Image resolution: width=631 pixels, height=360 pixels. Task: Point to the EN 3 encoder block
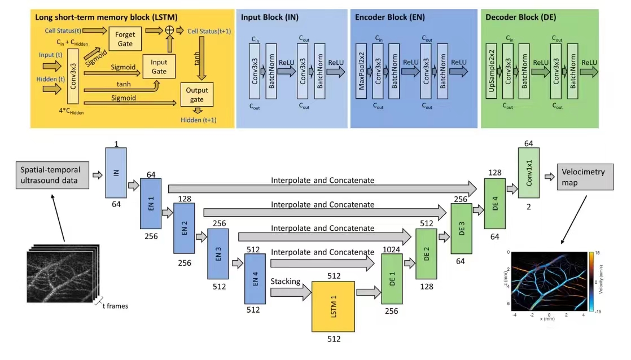pyautogui.click(x=218, y=254)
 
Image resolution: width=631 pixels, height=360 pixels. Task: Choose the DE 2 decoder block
pyautogui.click(x=426, y=254)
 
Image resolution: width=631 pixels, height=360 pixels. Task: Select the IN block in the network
pyautogui.click(x=116, y=172)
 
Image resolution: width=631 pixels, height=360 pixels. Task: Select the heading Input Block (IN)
pyautogui.click(x=270, y=17)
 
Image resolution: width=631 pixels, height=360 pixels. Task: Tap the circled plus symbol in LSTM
pyautogui.click(x=168, y=30)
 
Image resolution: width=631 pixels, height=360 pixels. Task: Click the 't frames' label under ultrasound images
pyautogui.click(x=115, y=306)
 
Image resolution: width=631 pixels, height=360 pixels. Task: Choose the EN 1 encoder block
pyautogui.click(x=150, y=203)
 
